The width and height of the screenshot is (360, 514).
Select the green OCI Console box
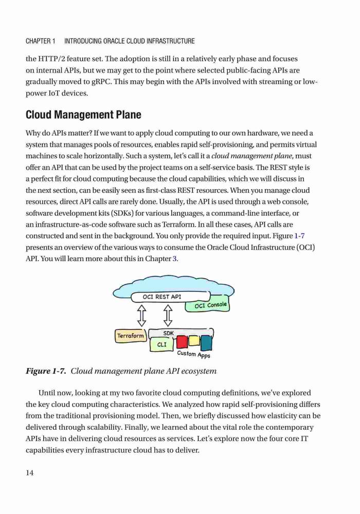point(208,305)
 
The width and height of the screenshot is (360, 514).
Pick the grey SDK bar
point(181,333)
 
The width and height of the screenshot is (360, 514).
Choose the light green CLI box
point(161,345)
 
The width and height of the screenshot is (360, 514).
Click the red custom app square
point(182,342)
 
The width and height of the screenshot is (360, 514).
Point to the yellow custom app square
point(194,341)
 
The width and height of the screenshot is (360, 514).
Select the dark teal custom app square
point(206,343)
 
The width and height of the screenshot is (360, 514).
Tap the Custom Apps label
point(193,354)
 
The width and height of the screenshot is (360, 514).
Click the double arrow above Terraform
point(141,316)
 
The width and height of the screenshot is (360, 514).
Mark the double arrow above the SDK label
point(168,316)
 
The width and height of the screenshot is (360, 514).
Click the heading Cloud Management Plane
point(83,115)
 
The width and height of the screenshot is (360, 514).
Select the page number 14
point(29,473)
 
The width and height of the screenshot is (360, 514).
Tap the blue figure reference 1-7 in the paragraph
point(300,236)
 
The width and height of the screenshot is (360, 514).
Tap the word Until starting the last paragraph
point(47,393)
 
